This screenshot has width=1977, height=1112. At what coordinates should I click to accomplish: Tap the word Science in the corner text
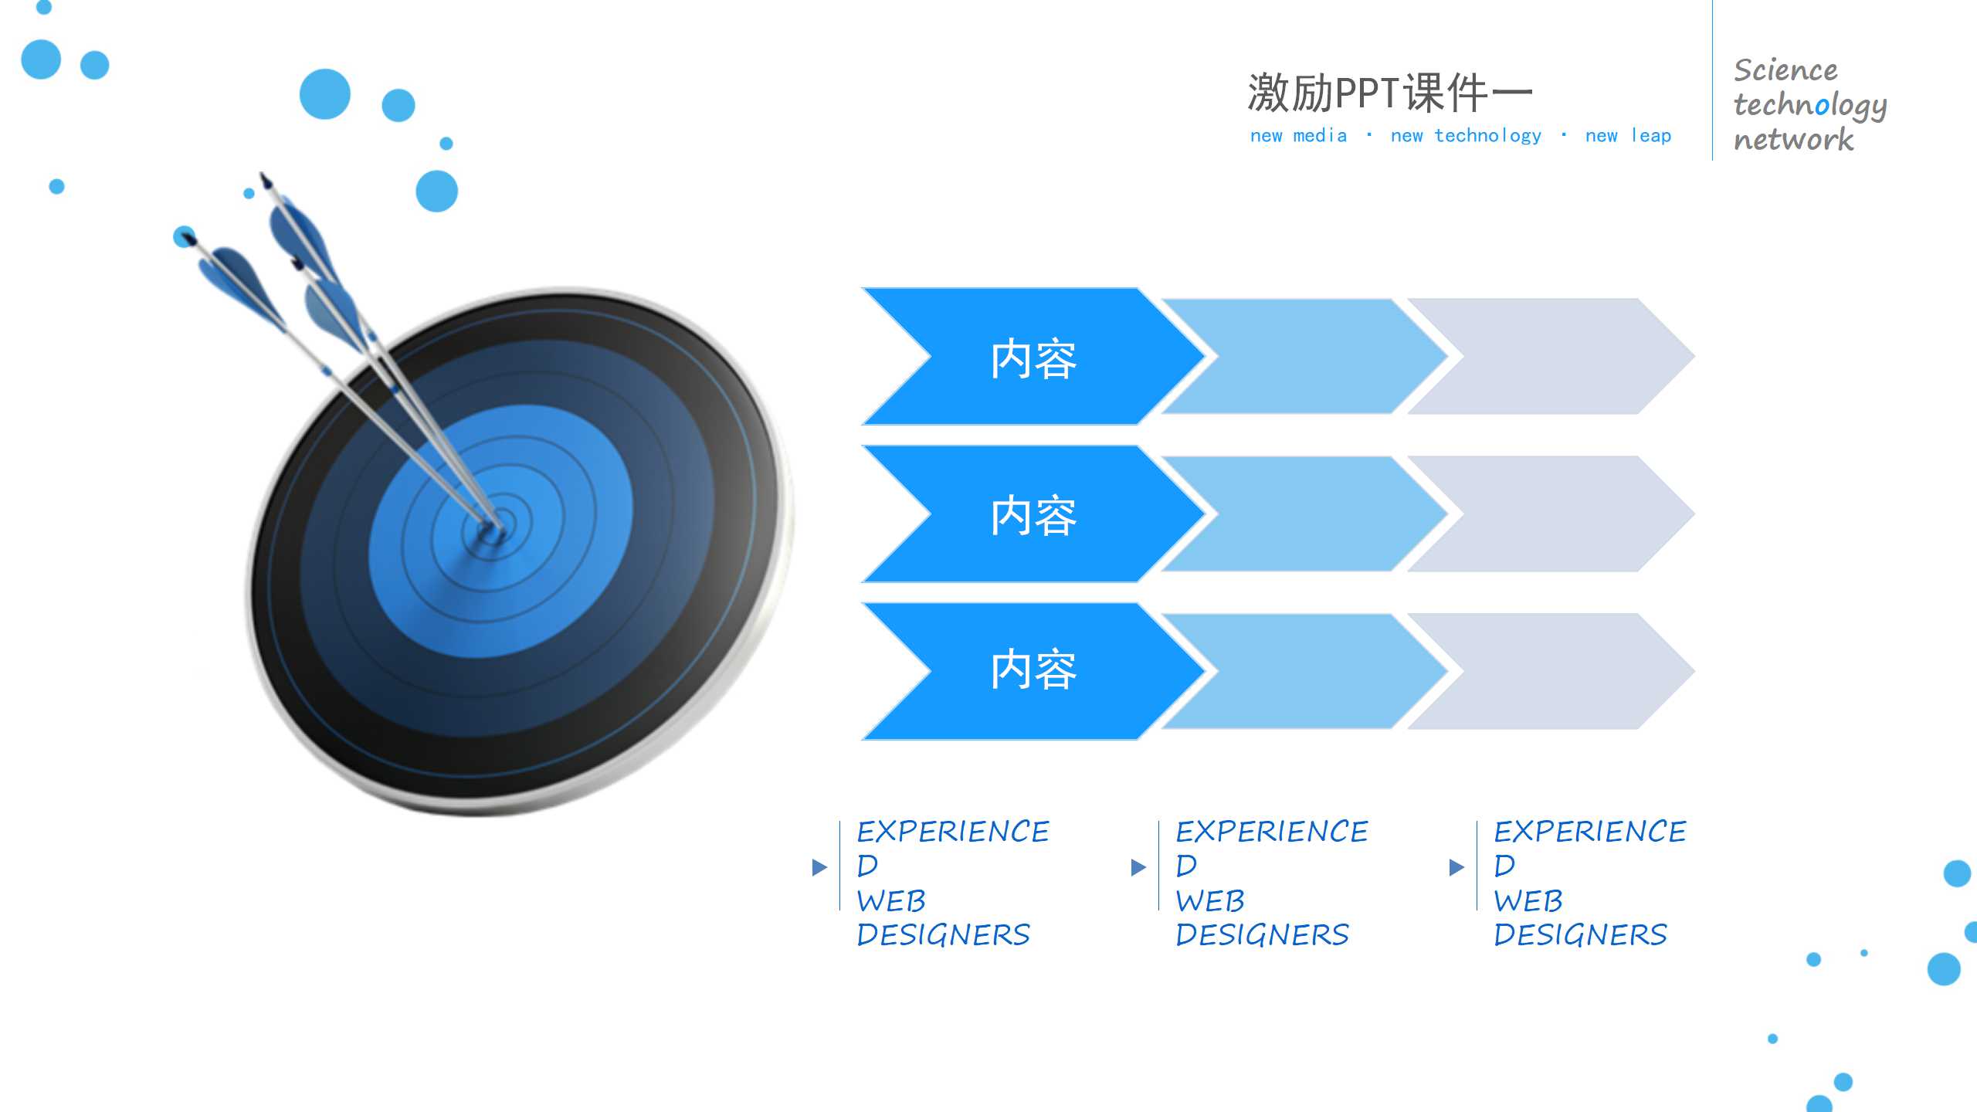pos(1785,70)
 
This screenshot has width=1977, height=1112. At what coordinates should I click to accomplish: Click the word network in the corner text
pos(1792,140)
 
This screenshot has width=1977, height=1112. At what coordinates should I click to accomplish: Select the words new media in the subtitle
pos(1297,136)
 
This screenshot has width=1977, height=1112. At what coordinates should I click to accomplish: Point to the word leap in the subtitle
pos(1650,136)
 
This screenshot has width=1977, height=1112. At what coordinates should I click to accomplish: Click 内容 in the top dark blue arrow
pos(1033,359)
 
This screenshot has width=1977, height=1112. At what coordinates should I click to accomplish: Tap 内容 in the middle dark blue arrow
pos(1033,516)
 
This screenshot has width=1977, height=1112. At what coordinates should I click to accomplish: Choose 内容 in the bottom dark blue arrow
pos(1033,670)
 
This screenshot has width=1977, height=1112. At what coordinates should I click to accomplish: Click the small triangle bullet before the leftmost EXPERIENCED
pos(819,867)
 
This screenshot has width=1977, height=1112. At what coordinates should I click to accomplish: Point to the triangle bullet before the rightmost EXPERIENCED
pos(1456,867)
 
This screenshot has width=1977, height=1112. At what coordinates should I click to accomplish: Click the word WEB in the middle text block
pos(1209,901)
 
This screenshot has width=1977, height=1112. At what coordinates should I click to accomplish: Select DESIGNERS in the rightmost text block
pos(1580,935)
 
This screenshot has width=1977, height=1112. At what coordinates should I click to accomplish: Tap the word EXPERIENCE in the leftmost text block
pos(952,832)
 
